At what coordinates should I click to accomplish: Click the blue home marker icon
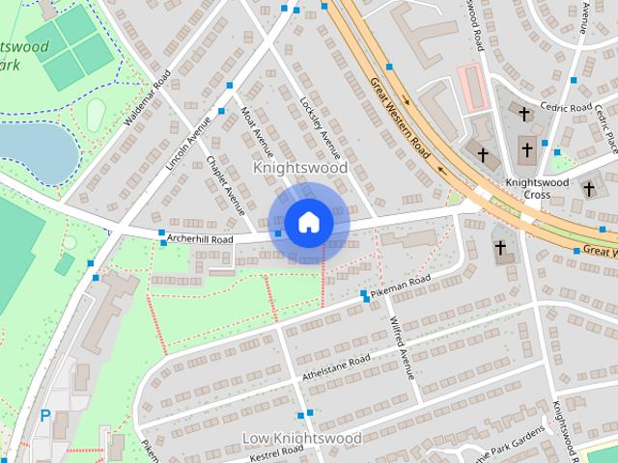pyautogui.click(x=308, y=223)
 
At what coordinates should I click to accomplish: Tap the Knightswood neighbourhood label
pyautogui.click(x=299, y=168)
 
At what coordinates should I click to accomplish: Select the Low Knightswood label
pyautogui.click(x=301, y=439)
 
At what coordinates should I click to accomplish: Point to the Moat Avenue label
pyautogui.click(x=258, y=132)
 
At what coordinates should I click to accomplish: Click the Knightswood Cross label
pyautogui.click(x=528, y=188)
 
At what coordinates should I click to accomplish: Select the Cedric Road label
pyautogui.click(x=566, y=107)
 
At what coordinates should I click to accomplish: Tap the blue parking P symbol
pyautogui.click(x=44, y=416)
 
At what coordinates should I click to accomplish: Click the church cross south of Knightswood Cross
pyautogui.click(x=500, y=249)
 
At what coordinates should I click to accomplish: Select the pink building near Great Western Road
pyautogui.click(x=470, y=86)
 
